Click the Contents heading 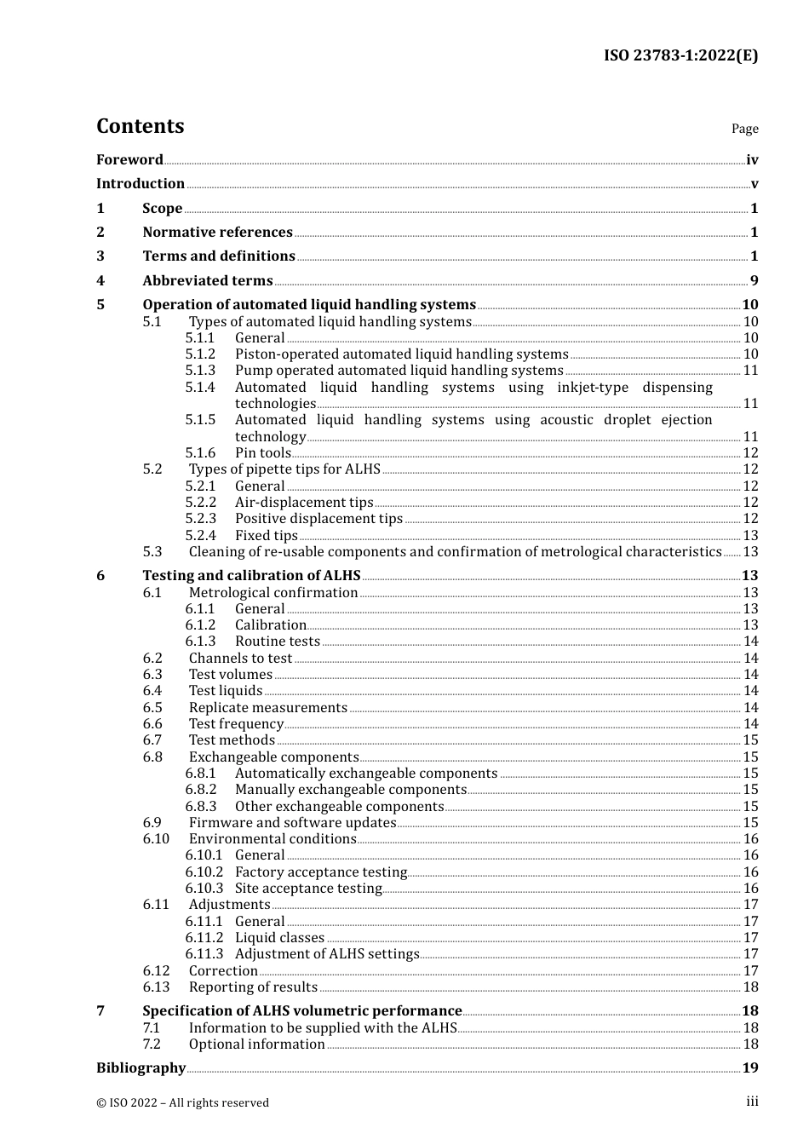[x=140, y=126]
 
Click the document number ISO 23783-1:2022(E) [x=680, y=55]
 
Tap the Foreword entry [x=129, y=159]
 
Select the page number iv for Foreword [x=752, y=159]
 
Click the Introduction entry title [x=141, y=183]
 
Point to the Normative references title [x=217, y=232]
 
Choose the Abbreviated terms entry [x=208, y=280]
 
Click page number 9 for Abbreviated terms [x=754, y=280]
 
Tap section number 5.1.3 [x=200, y=370]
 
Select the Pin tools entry [x=263, y=452]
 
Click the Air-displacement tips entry [x=304, y=502]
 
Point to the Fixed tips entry [x=267, y=535]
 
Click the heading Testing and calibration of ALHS [x=251, y=575]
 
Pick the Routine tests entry [x=278, y=641]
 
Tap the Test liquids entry [x=226, y=690]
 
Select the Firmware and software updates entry [x=292, y=822]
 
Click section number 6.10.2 [x=204, y=872]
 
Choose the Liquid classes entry [x=279, y=937]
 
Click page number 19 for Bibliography [x=750, y=1067]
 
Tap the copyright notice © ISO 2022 [x=182, y=1102]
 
